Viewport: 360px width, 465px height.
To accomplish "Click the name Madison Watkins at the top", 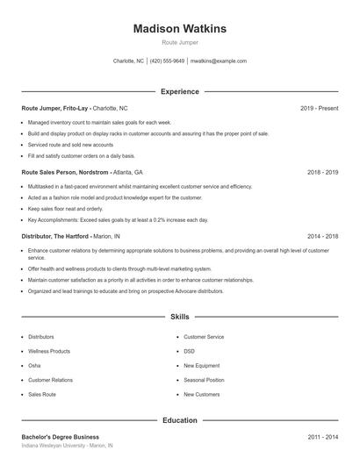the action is pos(180,29).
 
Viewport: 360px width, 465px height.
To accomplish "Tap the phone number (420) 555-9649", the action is pos(167,61).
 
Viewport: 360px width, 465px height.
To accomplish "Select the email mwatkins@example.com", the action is pos(219,61).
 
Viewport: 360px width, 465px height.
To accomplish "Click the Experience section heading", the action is pos(180,91).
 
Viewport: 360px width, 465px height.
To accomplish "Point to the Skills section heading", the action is pos(180,316).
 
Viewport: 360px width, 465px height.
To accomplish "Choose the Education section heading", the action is pos(180,420).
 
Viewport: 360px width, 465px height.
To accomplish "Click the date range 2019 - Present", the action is pos(319,108).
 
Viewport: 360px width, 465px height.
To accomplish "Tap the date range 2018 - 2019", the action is pos(320,172).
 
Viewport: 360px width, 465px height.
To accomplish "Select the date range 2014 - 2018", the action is pos(320,236).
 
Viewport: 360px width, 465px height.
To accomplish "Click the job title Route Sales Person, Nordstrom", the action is pos(65,172).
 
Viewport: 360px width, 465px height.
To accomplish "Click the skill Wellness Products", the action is pos(49,351).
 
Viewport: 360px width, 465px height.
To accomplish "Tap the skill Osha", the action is pos(34,366).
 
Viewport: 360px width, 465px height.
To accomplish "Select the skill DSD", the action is pos(190,351).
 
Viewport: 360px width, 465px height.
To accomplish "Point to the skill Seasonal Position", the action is pos(204,380).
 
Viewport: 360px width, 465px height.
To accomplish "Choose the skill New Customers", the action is pos(202,395).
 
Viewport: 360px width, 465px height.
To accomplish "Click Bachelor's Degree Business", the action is pos(61,436).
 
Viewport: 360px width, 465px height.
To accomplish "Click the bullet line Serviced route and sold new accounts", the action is pos(70,144).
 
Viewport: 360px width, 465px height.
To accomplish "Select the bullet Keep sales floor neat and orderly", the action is pos(65,209).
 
